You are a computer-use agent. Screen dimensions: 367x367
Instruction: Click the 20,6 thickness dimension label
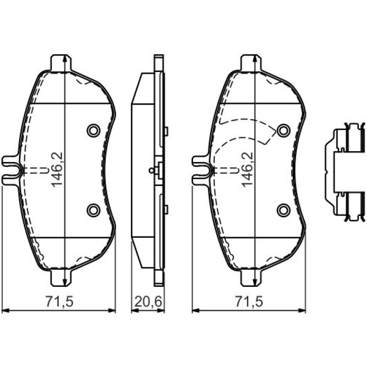point(148,302)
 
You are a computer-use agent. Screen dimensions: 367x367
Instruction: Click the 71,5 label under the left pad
point(60,302)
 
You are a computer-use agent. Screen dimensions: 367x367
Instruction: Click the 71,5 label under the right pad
point(249,302)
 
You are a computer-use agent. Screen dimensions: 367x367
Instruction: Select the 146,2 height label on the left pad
point(57,170)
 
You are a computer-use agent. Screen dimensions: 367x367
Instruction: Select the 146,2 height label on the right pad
point(247,170)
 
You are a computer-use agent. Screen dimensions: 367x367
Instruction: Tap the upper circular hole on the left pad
point(93,131)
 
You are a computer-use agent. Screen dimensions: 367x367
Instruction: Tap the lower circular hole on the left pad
point(93,210)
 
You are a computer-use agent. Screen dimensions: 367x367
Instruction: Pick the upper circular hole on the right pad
point(284,131)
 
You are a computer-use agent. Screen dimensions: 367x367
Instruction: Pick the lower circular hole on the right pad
point(284,210)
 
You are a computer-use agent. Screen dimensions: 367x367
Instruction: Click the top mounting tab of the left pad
point(61,63)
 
